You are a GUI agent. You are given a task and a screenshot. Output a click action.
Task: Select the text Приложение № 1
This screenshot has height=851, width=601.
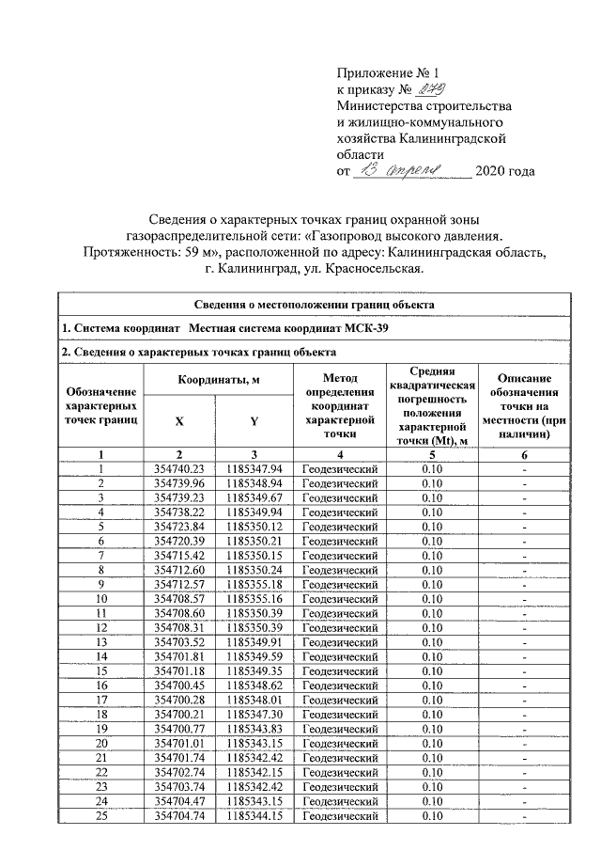pos(388,73)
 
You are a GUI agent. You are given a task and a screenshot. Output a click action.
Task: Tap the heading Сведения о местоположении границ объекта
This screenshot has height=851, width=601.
pos(314,306)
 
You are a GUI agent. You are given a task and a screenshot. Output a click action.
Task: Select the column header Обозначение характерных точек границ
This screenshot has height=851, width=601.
pos(100,405)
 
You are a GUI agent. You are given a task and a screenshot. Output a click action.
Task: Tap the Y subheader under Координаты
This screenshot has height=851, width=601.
pos(254,421)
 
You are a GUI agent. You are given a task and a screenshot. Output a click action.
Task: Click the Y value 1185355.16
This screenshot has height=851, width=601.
pos(254,598)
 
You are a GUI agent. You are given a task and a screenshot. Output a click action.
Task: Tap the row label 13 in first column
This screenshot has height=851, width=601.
pos(100,641)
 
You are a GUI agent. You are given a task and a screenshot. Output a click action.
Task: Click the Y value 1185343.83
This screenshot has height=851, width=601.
pos(254,728)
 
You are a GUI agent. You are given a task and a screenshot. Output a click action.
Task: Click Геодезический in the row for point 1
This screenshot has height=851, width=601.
pos(339,468)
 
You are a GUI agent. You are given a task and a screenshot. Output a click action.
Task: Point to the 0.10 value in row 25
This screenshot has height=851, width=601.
pos(432,814)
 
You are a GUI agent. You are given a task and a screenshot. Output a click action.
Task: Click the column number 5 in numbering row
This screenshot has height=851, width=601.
pos(432,454)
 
